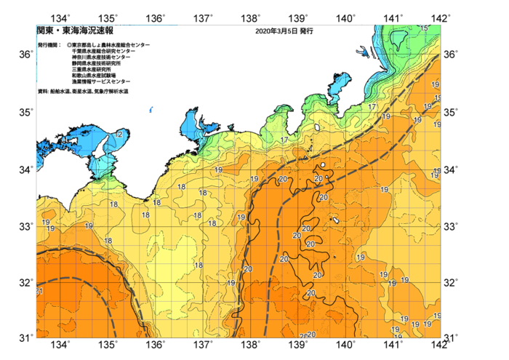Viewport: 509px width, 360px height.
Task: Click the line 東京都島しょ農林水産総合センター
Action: tap(110, 45)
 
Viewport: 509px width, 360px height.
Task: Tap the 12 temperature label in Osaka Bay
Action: tap(118, 135)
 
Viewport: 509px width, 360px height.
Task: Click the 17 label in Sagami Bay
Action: tap(284, 140)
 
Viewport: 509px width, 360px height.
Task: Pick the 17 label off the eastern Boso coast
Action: tap(372, 107)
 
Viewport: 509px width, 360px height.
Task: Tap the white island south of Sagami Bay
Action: tap(317, 129)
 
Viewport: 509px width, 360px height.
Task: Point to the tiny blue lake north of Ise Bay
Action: tap(151, 111)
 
